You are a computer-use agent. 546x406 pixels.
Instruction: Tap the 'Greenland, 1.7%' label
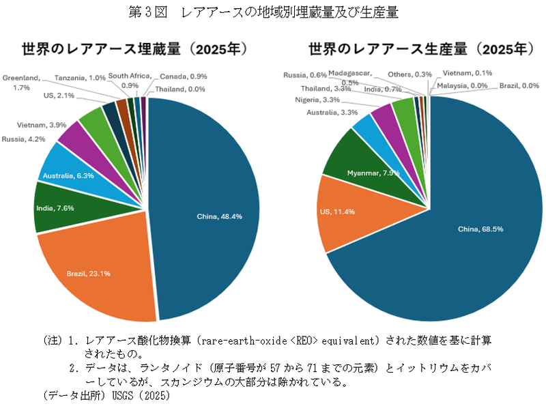coord(20,83)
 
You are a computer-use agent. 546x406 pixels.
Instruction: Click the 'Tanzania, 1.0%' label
coord(80,78)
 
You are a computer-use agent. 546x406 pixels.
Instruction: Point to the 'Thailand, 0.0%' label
coord(179,89)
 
